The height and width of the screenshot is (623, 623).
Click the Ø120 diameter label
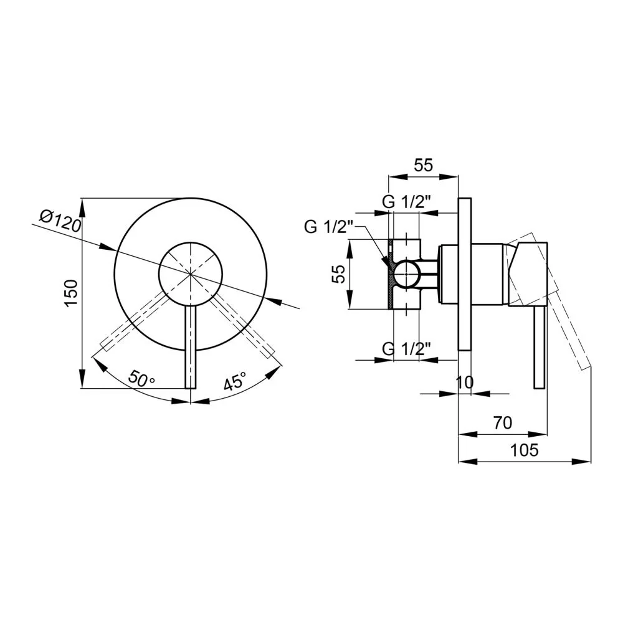[x=61, y=221]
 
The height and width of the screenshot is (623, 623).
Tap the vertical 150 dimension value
[x=71, y=293]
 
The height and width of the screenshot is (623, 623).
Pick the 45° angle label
[x=235, y=381]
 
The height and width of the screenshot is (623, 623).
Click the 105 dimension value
[x=524, y=450]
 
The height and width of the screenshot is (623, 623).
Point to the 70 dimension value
[x=503, y=423]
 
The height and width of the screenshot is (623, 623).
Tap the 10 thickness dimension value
[x=465, y=383]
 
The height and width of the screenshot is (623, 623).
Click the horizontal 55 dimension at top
[x=423, y=165]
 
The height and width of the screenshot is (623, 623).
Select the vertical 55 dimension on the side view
[x=338, y=274]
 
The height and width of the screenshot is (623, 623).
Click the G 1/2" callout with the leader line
[x=328, y=227]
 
